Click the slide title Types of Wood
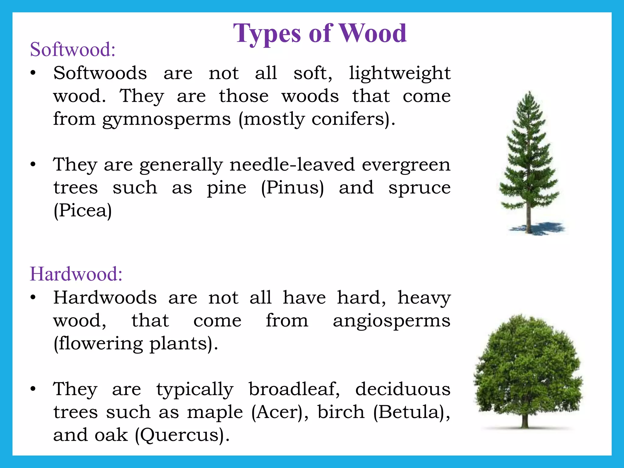[320, 34]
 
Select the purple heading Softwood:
[73, 49]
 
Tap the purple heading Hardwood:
[76, 274]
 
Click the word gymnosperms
[166, 119]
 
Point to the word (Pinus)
[292, 188]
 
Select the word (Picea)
[83, 211]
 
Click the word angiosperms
[391, 321]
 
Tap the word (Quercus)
[182, 435]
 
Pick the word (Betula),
[412, 412]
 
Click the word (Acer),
[280, 412]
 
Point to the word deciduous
[402, 389]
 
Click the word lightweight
[399, 74]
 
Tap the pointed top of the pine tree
[530, 93]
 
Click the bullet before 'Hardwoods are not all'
[33, 298]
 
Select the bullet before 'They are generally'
[33, 165]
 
